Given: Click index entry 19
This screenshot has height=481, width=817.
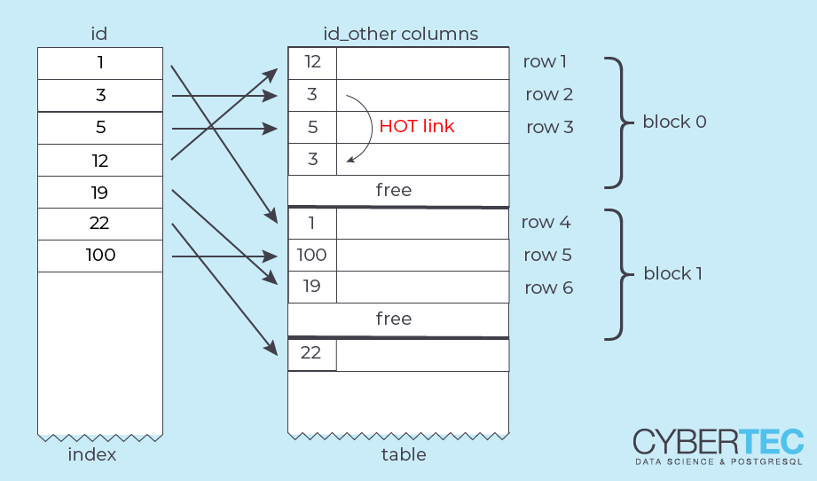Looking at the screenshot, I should (x=100, y=192).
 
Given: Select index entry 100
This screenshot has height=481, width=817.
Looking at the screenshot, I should (x=100, y=256).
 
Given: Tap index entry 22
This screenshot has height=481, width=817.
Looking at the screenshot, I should (x=100, y=224).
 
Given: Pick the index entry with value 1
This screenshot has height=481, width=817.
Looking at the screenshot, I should (x=100, y=63).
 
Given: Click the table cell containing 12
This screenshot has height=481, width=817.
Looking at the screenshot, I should (x=312, y=62).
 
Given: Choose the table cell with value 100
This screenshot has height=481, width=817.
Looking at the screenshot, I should (x=312, y=256).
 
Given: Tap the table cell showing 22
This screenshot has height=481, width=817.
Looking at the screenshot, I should (x=312, y=352).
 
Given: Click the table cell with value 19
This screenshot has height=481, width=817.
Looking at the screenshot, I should (x=312, y=288).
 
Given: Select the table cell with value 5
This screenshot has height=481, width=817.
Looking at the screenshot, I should (x=312, y=127).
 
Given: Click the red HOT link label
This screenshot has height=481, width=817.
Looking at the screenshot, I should (x=416, y=126).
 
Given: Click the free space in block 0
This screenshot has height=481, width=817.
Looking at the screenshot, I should (x=394, y=190).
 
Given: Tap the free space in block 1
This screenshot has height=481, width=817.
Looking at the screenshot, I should (x=394, y=319).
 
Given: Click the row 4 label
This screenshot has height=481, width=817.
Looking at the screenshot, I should (x=547, y=223).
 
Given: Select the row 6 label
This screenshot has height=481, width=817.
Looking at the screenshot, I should (x=549, y=288).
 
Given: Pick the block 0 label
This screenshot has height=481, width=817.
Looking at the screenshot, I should (x=674, y=122).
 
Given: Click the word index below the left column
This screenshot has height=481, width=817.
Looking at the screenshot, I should (x=92, y=455).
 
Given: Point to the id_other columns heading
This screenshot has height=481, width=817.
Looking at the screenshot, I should (x=400, y=35).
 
